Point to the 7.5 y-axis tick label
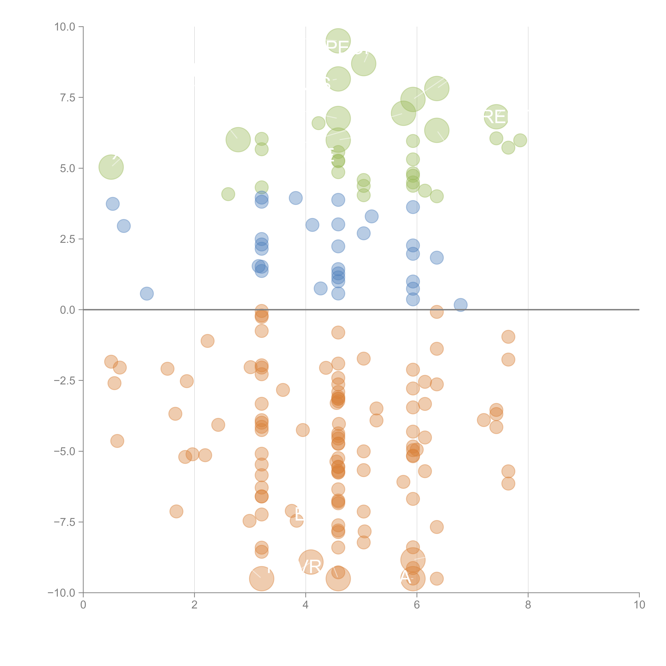click(x=68, y=98)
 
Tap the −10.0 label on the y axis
click(x=61, y=593)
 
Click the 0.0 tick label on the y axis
click(x=68, y=310)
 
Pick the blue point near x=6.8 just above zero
click(x=461, y=305)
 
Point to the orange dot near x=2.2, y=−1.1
click(x=207, y=341)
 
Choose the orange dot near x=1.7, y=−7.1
click(x=176, y=511)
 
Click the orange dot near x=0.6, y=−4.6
click(x=117, y=441)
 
